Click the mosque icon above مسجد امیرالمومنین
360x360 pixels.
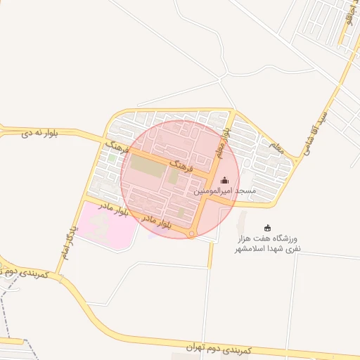(x=224, y=181)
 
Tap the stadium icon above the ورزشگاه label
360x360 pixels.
(x=267, y=228)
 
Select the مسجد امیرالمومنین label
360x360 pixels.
(x=225, y=191)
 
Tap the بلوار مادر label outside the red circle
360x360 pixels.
(x=113, y=209)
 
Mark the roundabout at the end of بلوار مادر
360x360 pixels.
(x=191, y=234)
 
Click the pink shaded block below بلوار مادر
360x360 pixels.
(x=105, y=227)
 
